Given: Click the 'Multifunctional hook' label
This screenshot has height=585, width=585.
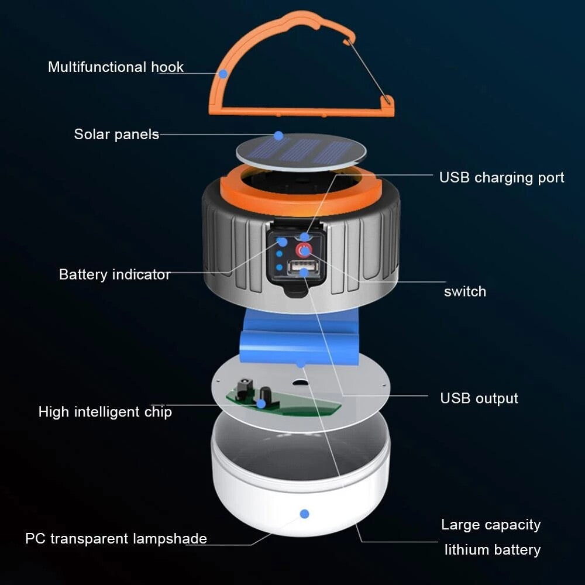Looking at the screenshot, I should point(115,67).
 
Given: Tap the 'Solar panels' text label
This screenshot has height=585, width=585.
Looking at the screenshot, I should point(116,134).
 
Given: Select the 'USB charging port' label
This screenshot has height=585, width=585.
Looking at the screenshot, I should point(501,177).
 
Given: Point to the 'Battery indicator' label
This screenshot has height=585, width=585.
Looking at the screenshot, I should point(115,274).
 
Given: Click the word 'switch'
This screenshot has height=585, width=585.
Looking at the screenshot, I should point(464,291).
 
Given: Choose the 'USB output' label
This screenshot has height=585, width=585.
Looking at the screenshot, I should point(479,398).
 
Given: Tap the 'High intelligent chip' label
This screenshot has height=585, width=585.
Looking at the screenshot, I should point(105,412).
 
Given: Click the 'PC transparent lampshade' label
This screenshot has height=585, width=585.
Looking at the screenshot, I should point(116,538).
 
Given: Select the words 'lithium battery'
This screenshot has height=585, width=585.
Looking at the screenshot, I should point(492,550).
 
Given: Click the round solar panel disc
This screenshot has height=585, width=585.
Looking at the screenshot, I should point(301,152).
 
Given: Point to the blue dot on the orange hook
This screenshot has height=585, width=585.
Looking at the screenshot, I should point(222,74).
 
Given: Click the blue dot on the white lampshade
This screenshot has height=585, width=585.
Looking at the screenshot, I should point(304,514).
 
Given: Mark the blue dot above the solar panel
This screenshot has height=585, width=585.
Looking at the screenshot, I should point(278,136).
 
